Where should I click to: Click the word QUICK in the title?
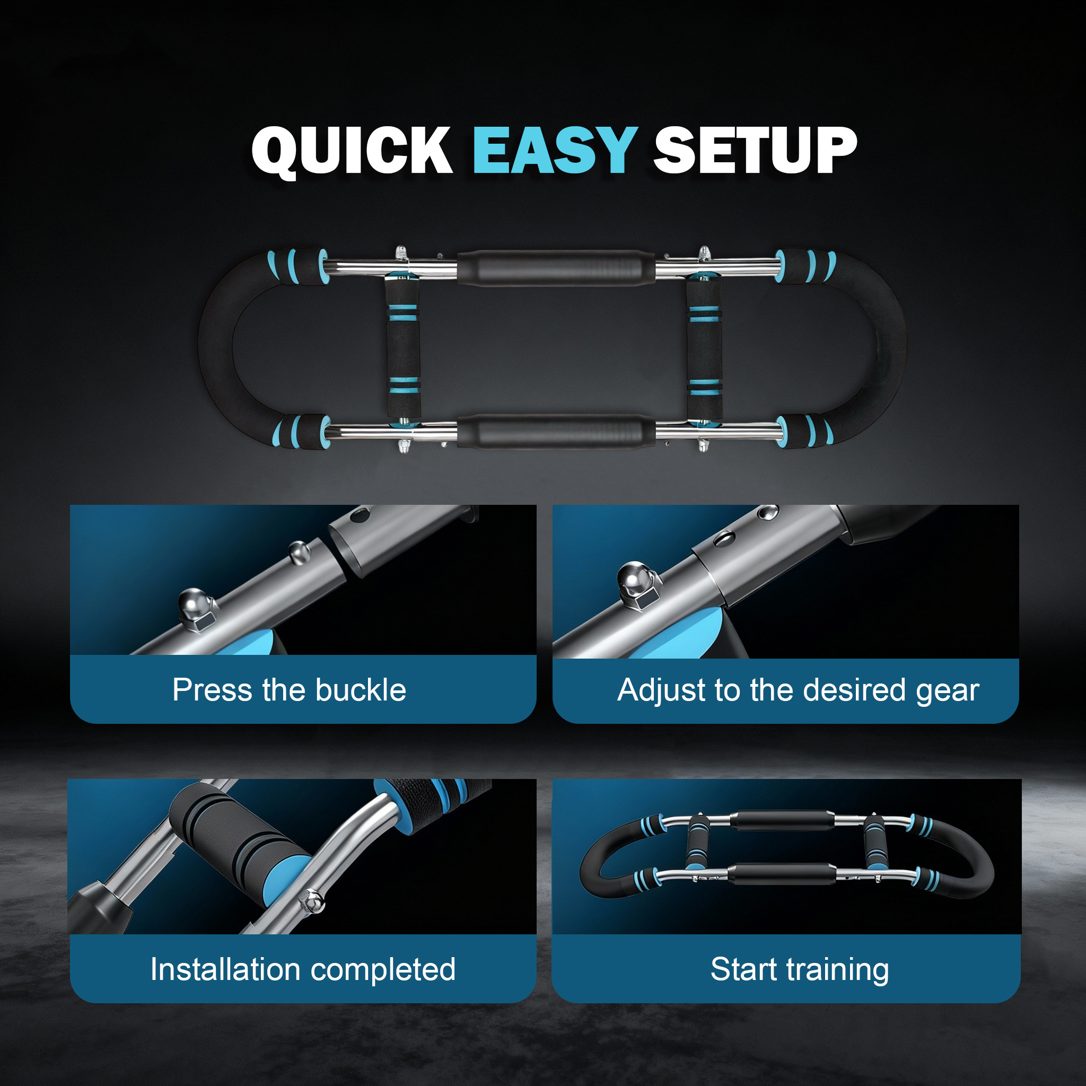[x=352, y=151]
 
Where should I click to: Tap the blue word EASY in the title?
[x=555, y=150]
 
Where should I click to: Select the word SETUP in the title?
[x=755, y=150]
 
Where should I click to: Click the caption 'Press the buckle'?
[x=289, y=690]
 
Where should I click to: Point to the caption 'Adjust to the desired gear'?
[x=798, y=691]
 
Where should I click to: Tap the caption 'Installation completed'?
[x=303, y=970]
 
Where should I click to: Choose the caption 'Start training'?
[x=799, y=970]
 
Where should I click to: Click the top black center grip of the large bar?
[x=555, y=268]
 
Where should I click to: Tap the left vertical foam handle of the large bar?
[x=403, y=348]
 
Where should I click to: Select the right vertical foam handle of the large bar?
[x=704, y=348]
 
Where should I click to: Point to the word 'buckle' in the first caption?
[x=361, y=690]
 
